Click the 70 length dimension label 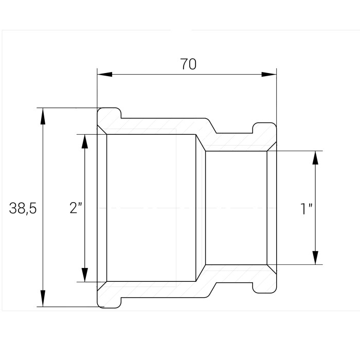point(188,64)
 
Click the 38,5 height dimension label point(23,208)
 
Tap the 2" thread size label point(76,208)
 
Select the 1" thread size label point(307,209)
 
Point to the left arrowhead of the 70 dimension point(105,75)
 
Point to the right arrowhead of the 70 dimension point(269,75)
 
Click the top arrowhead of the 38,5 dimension point(43,116)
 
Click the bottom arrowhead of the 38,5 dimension point(43,298)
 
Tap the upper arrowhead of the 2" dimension point(85,142)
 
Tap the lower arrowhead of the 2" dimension point(85,274)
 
